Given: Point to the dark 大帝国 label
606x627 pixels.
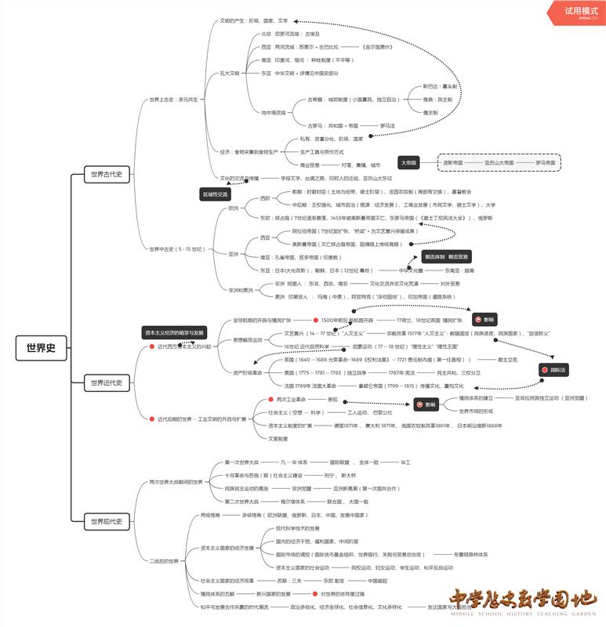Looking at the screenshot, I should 409,163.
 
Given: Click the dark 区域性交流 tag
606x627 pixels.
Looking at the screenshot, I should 216,194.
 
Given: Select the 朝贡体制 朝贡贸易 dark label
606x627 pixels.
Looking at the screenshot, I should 448,256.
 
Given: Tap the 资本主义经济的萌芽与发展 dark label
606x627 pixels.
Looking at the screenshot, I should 175,332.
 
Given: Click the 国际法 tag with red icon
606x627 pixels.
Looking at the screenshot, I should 554,369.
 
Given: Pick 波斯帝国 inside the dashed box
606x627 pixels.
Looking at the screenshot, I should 453,163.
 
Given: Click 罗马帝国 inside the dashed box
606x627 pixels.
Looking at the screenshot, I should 546,163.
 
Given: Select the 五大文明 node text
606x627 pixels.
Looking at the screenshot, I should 230,72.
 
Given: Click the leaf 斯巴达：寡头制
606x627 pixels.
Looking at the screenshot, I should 440,86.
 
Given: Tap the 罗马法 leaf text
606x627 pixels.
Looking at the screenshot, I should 387,125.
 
